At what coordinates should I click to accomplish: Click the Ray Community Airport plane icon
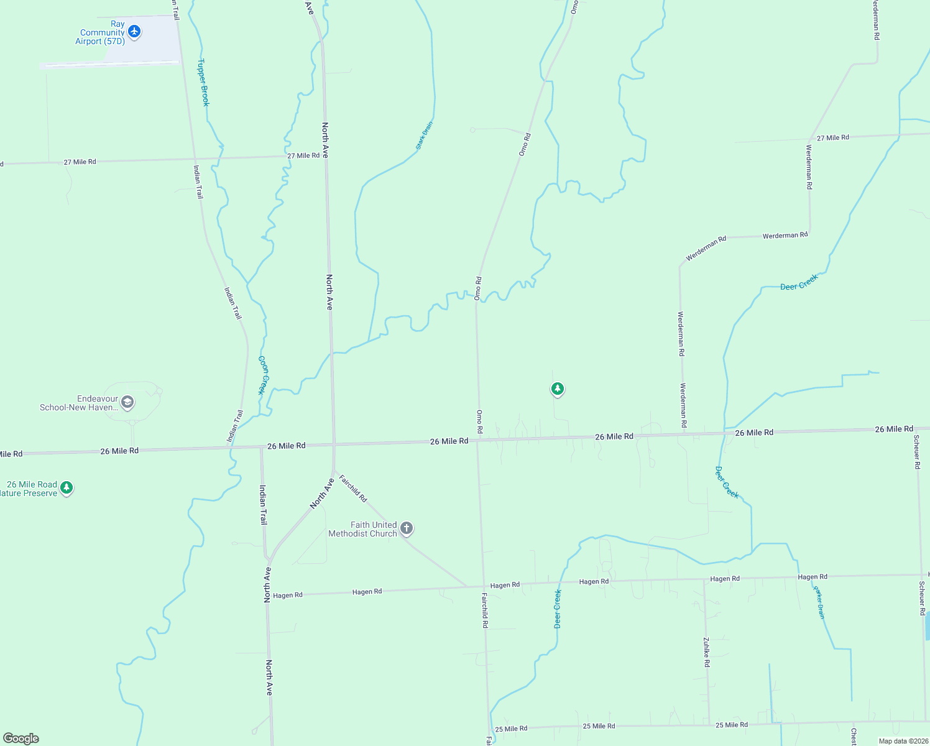(x=134, y=31)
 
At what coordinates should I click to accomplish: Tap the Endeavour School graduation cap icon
(x=127, y=402)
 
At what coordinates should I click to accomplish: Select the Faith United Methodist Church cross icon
(x=406, y=528)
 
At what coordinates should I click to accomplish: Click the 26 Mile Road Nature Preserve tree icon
(x=67, y=488)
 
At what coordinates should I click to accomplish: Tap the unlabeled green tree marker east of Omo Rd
(x=558, y=389)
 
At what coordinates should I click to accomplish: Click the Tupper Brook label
(x=203, y=82)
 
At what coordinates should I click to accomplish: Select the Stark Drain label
(x=425, y=136)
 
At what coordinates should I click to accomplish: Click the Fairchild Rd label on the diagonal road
(x=353, y=489)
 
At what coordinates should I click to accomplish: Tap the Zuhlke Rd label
(x=707, y=652)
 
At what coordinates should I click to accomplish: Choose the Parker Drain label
(x=819, y=601)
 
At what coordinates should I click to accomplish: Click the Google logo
(x=21, y=739)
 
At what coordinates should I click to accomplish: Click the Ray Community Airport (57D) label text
(x=101, y=33)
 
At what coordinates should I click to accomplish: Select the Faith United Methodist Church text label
(x=363, y=529)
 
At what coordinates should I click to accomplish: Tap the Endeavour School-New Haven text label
(x=79, y=403)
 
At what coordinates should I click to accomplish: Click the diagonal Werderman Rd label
(x=706, y=248)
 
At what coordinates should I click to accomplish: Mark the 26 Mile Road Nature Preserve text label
(x=30, y=489)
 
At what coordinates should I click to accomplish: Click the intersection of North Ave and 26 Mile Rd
(x=334, y=445)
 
